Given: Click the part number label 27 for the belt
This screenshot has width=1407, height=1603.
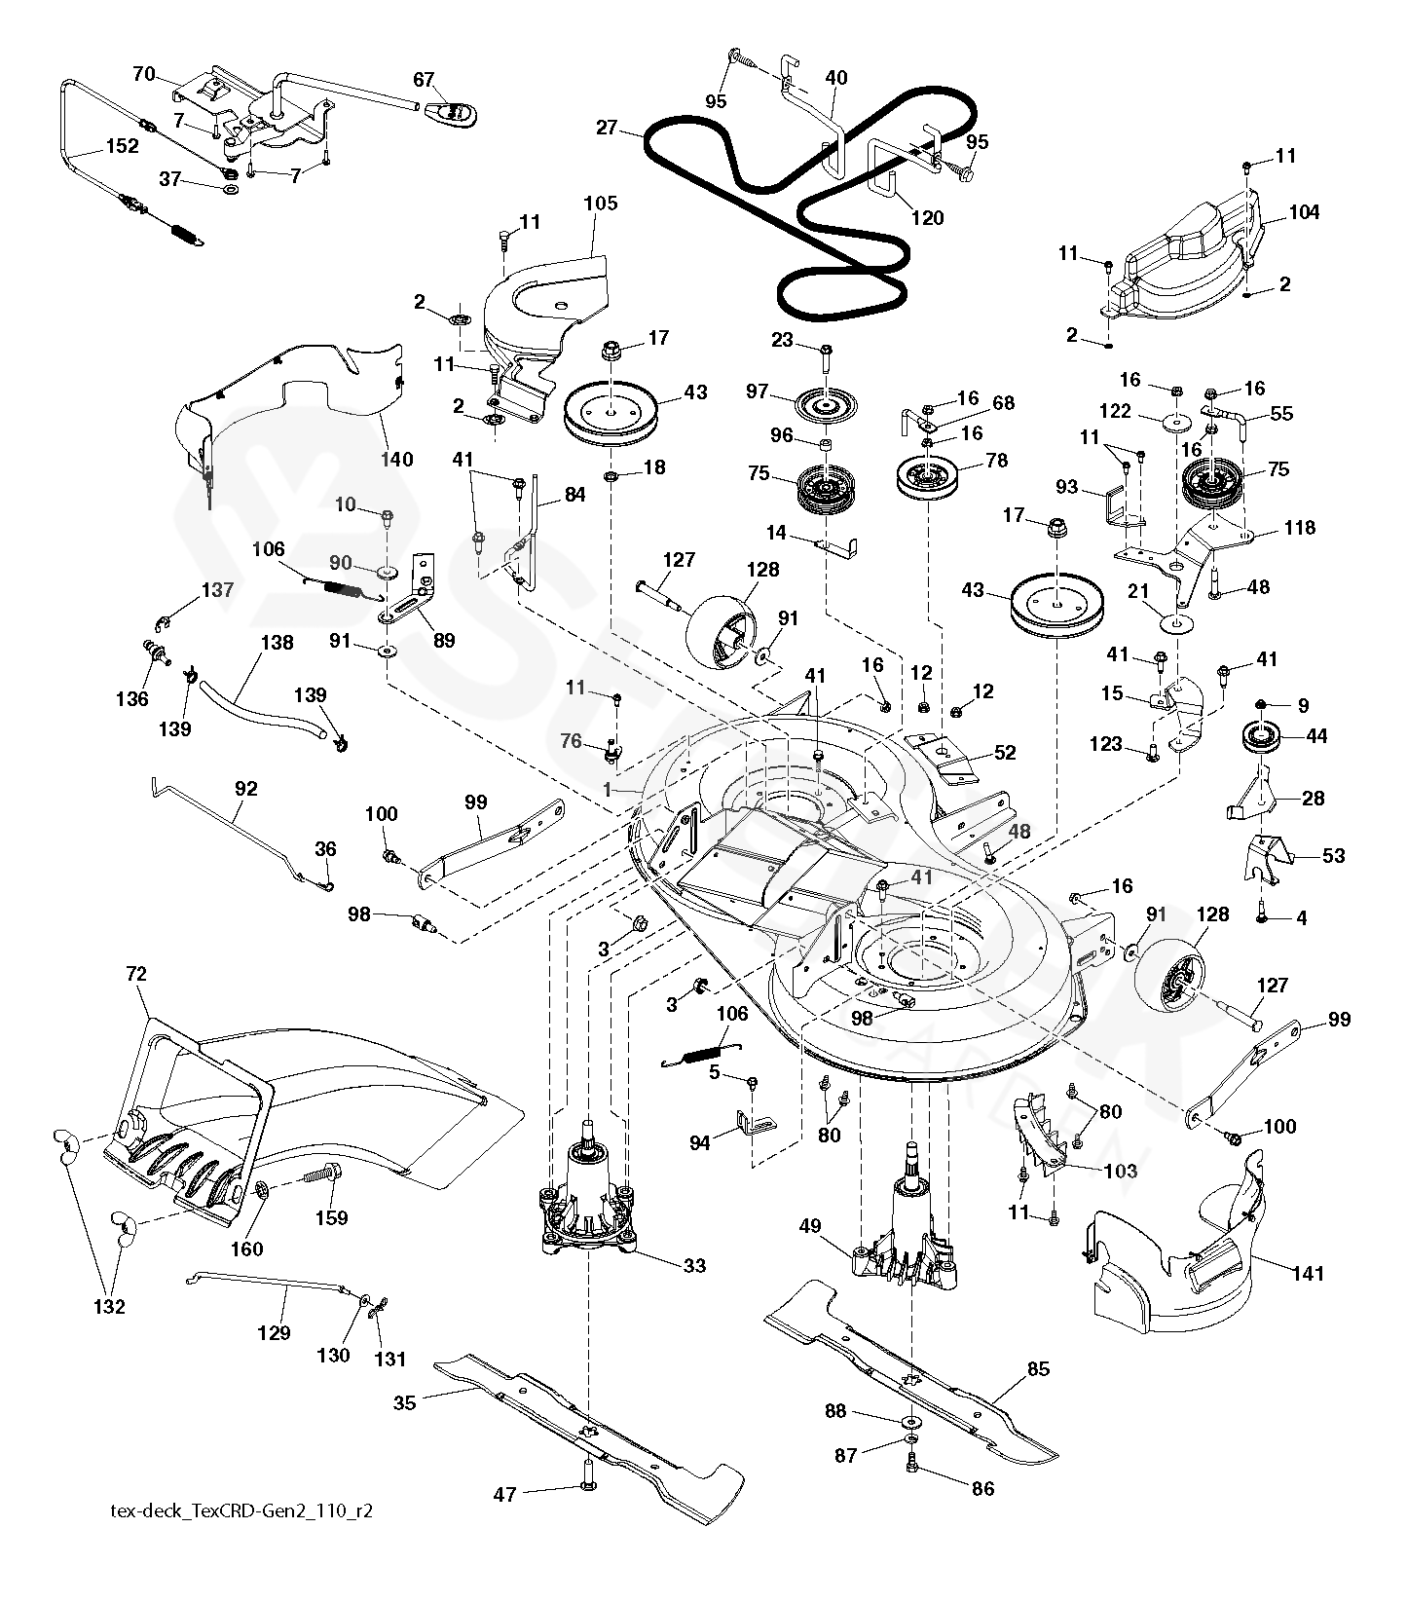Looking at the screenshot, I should tap(607, 128).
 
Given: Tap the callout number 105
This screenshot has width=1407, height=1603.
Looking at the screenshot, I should tap(601, 204).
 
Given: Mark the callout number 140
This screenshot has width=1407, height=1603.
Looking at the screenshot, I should tap(396, 460).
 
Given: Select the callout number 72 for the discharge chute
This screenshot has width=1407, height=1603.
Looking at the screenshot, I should tap(136, 973).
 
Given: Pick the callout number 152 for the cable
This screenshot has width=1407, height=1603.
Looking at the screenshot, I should tap(123, 147).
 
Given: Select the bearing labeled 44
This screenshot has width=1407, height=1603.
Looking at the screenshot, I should tap(1263, 737).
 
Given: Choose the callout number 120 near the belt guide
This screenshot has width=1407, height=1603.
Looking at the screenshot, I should tap(926, 218).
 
